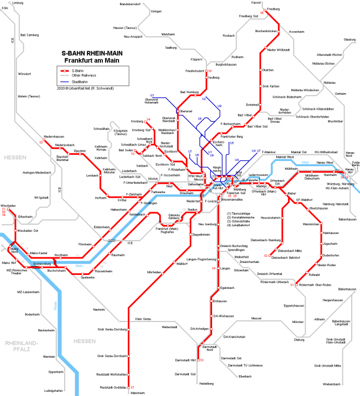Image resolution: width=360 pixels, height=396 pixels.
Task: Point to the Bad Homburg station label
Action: tap(189, 92)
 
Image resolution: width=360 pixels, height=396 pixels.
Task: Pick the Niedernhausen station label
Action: tap(53, 137)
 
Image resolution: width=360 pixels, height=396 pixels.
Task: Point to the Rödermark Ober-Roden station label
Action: tap(316, 285)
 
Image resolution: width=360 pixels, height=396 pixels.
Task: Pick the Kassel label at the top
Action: tap(256, 3)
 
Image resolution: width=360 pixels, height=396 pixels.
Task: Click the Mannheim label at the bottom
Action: tap(138, 393)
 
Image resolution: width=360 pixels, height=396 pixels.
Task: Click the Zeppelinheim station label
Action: tap(200, 234)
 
